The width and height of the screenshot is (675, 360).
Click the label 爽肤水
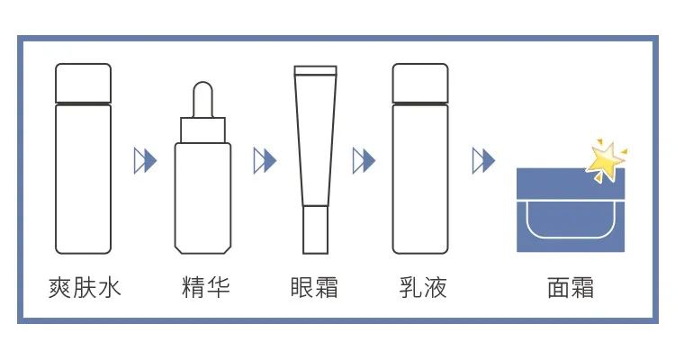click(84, 289)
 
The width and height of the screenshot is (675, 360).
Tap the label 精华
click(205, 289)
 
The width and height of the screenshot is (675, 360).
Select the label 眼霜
click(314, 289)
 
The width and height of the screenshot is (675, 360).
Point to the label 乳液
click(421, 289)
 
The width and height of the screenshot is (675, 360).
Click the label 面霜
click(570, 289)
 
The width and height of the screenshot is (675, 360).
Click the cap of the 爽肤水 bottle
click(84, 83)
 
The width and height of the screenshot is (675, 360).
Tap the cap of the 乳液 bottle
click(420, 83)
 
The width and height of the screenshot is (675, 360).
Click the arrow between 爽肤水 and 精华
click(145, 161)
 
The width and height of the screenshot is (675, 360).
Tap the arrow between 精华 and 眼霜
click(264, 161)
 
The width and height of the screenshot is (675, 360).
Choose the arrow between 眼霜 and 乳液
click(364, 161)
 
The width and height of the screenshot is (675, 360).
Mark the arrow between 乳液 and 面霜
click(484, 161)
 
